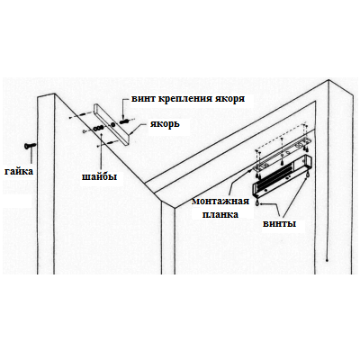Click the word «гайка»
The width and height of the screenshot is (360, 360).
coord(19,172)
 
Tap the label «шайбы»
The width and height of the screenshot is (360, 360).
coord(100,176)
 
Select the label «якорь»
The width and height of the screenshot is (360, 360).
coord(165,123)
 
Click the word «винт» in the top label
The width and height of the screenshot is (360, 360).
coord(143,99)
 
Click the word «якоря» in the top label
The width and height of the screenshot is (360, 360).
coord(229,99)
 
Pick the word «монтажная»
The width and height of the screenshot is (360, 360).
coord(220,201)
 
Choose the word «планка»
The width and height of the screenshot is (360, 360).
coord(220,214)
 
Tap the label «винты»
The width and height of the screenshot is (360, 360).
coord(279,224)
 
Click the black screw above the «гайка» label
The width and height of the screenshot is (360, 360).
coord(30,146)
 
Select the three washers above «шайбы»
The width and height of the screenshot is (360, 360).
coord(98,129)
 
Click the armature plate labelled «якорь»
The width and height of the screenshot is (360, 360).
coord(111,124)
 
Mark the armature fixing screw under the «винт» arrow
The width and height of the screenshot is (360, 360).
coord(125,121)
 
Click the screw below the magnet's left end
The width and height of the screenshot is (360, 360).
coord(257,202)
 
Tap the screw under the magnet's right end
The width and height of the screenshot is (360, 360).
coord(307,175)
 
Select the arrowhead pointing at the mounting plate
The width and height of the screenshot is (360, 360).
coord(250,171)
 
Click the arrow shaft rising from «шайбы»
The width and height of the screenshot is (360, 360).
coord(102,153)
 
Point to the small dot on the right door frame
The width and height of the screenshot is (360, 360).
coord(328,260)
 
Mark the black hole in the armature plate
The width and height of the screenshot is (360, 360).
coord(112,124)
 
